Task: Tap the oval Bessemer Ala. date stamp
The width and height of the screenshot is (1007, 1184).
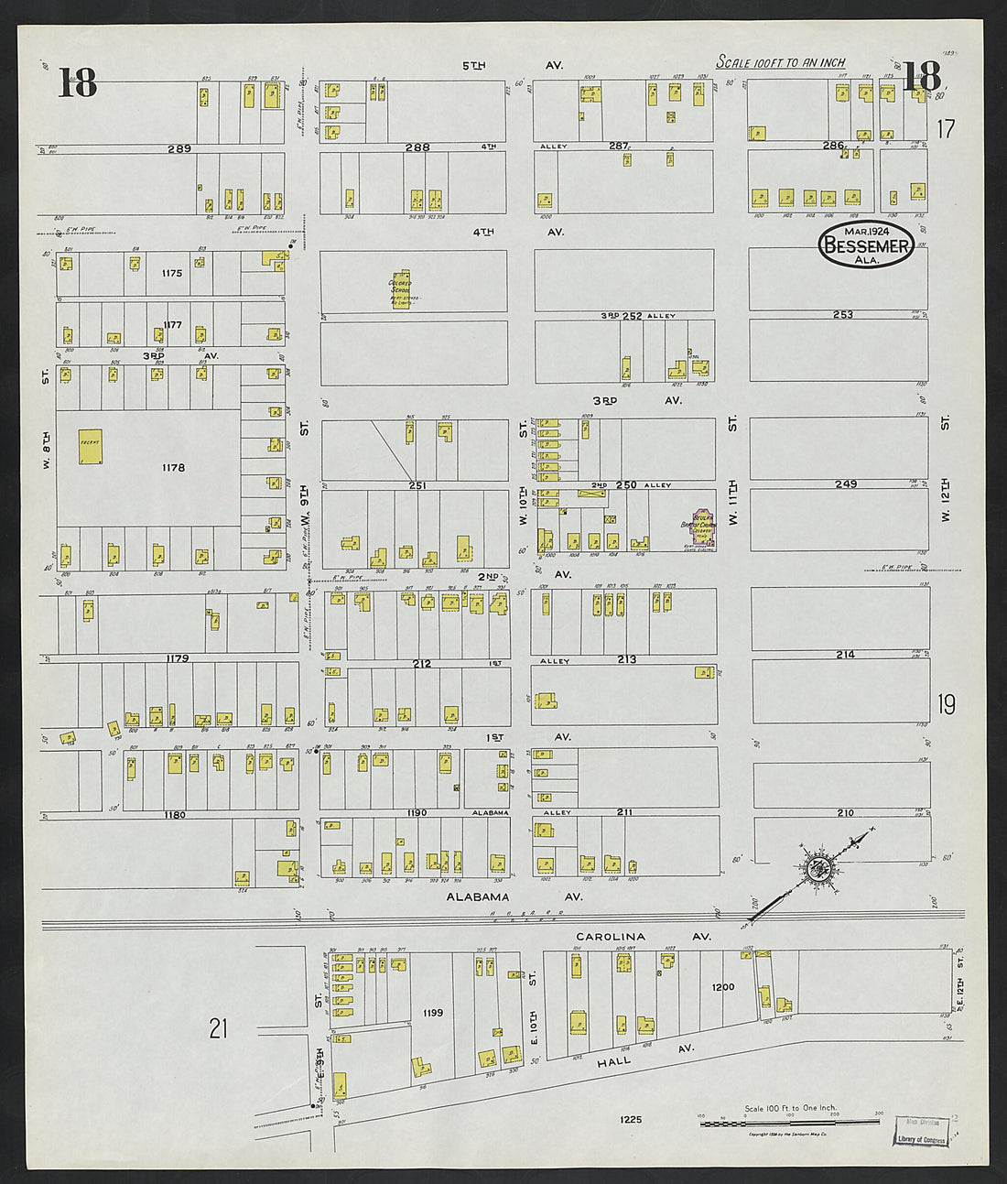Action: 866,244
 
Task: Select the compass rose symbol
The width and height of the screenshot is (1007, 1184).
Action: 818,867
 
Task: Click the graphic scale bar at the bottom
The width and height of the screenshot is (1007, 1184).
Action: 791,1124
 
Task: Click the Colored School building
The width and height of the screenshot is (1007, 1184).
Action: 401,289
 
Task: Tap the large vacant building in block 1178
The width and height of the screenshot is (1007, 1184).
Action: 90,447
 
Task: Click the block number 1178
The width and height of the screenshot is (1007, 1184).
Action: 173,468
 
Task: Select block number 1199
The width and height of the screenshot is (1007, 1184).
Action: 433,1013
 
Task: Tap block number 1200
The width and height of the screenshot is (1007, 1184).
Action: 722,988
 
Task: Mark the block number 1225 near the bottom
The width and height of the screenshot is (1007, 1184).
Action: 630,1119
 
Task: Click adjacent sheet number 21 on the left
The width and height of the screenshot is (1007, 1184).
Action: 217,1029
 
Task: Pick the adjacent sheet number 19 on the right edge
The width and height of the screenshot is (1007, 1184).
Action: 946,703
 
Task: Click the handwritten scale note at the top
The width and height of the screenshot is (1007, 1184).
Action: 780,63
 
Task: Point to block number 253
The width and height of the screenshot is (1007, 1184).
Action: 842,314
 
